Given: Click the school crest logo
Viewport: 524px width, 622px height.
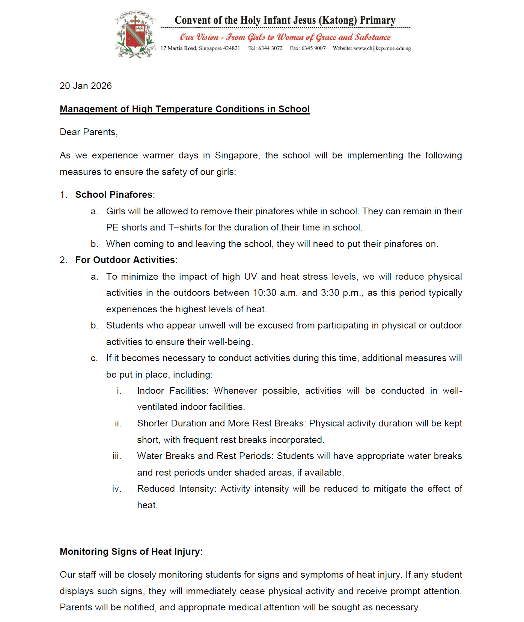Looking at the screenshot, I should tap(135, 35).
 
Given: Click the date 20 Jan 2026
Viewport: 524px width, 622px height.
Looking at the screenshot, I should tap(86, 86).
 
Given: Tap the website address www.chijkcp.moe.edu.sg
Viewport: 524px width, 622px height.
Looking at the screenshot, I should tap(382, 48).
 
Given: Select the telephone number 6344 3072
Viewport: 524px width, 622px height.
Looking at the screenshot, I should tap(270, 48).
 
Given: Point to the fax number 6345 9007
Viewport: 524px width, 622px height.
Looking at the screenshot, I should tap(313, 48).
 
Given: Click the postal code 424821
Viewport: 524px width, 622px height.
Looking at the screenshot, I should tap(232, 48).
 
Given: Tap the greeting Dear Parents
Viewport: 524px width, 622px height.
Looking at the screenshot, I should tap(89, 132).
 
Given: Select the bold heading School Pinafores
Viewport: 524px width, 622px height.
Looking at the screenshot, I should tap(114, 195).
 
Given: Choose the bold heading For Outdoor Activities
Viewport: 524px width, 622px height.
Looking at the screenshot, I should tap(125, 260).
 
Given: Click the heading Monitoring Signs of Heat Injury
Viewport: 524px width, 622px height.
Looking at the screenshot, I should tap(131, 551).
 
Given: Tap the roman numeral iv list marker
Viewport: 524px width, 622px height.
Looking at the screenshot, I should tap(117, 489).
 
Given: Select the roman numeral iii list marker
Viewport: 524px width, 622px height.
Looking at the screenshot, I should tap(117, 456).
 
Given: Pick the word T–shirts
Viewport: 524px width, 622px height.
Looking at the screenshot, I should tap(185, 227).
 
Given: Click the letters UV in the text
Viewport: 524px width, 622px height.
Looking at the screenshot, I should tap(250, 277).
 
